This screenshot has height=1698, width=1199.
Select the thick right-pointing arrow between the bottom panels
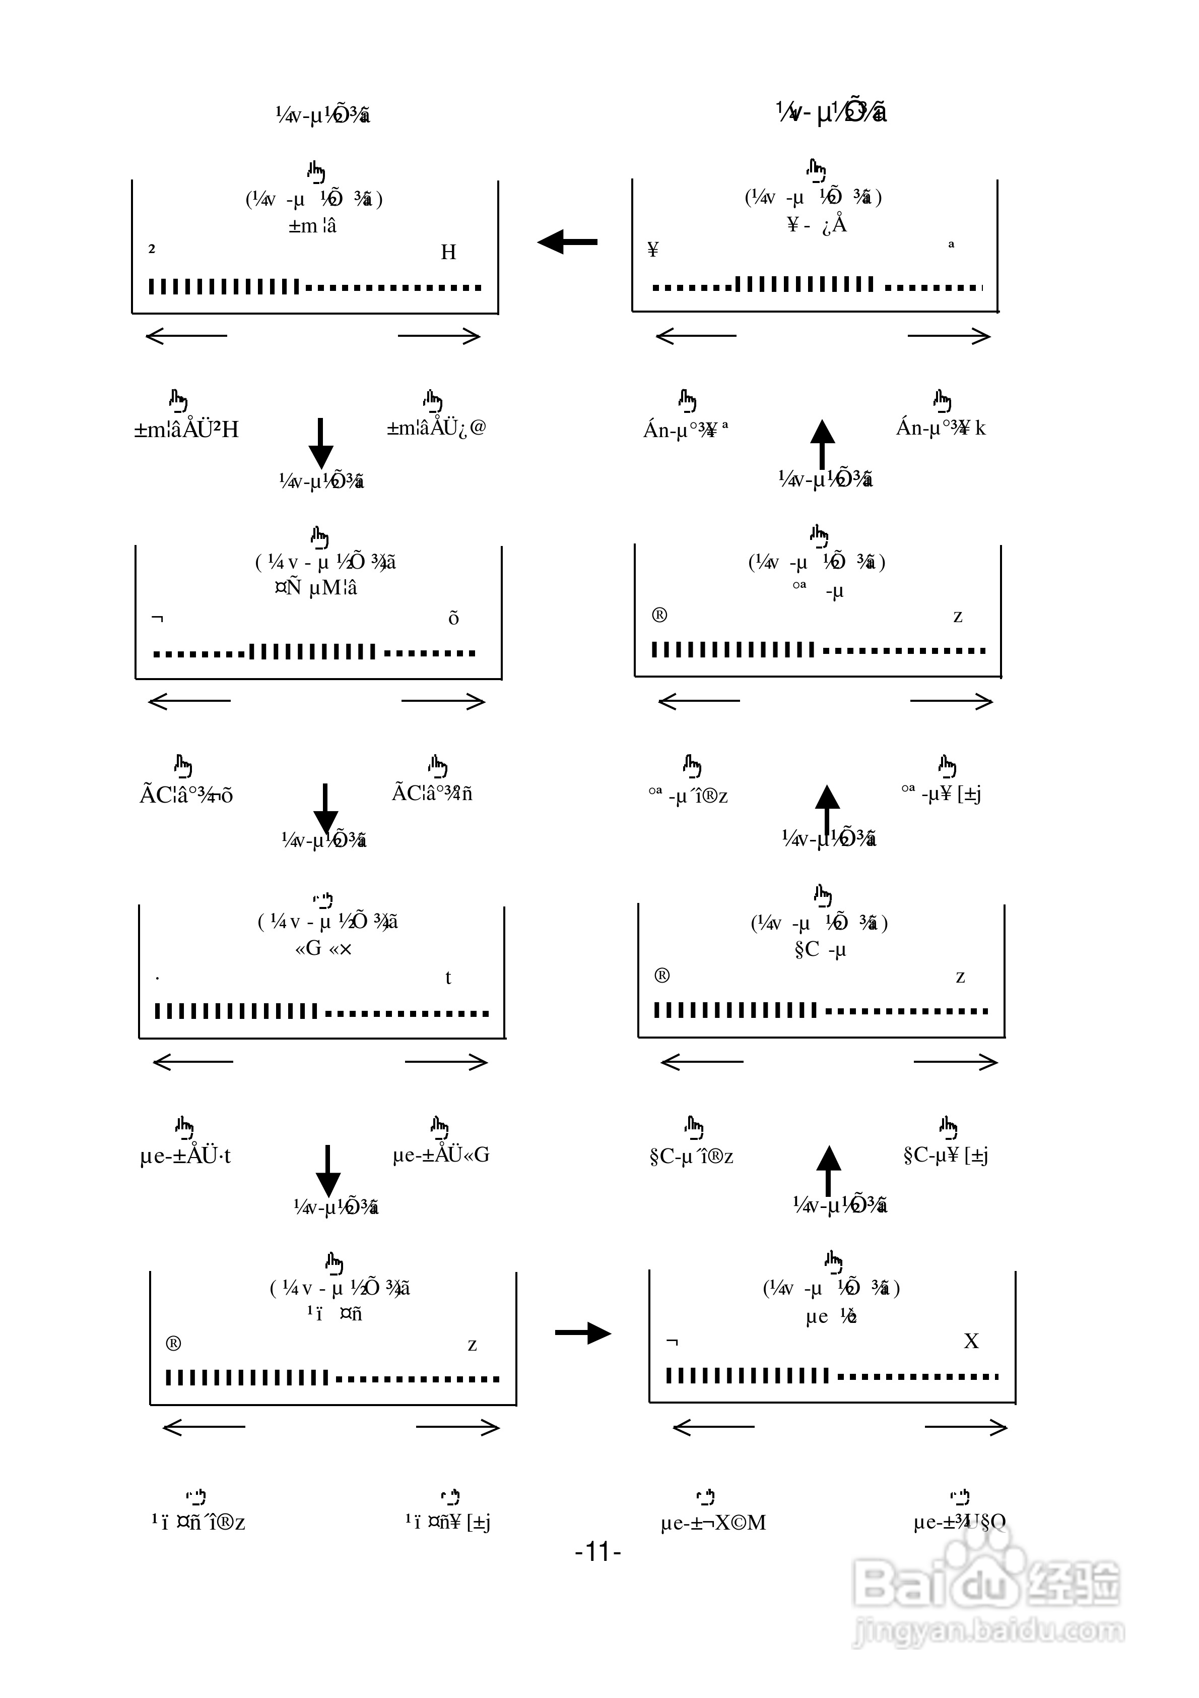583,1333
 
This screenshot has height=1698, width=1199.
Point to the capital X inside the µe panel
971,1341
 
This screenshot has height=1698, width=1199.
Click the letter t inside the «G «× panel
448,978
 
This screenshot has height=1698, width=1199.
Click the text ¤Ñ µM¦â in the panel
316,588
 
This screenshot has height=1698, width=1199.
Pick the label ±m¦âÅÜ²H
186,430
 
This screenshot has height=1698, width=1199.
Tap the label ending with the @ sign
436,428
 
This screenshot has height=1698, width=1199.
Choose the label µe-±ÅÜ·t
185,1156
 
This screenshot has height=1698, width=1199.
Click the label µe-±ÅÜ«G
441,1155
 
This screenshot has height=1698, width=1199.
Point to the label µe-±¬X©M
713,1523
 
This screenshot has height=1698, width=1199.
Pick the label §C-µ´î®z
691,1156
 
